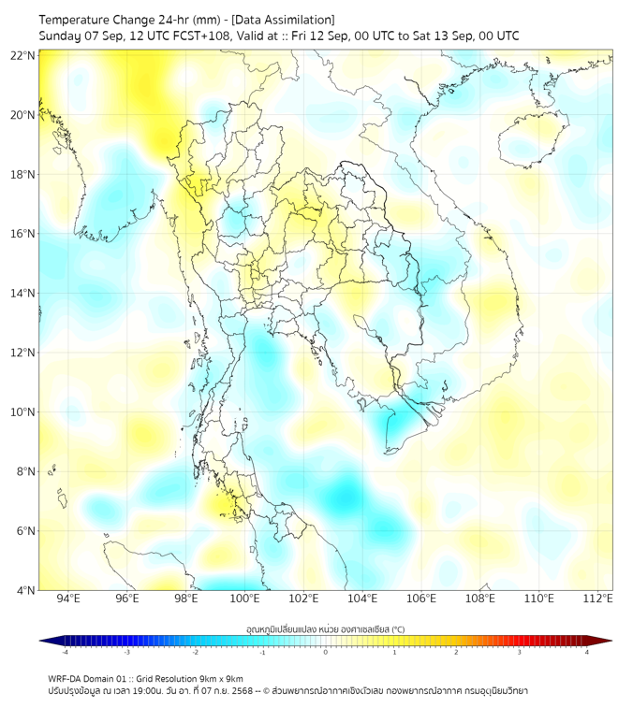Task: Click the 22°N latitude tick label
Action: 23,55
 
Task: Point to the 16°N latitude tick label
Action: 23,234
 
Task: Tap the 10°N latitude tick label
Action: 23,411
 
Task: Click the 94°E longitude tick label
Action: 68,599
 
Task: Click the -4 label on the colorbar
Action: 65,652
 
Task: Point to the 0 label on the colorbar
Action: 326,652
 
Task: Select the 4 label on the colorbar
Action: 586,652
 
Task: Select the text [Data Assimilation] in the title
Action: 282,20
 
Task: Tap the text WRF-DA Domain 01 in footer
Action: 87,678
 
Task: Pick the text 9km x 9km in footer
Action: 223,678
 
